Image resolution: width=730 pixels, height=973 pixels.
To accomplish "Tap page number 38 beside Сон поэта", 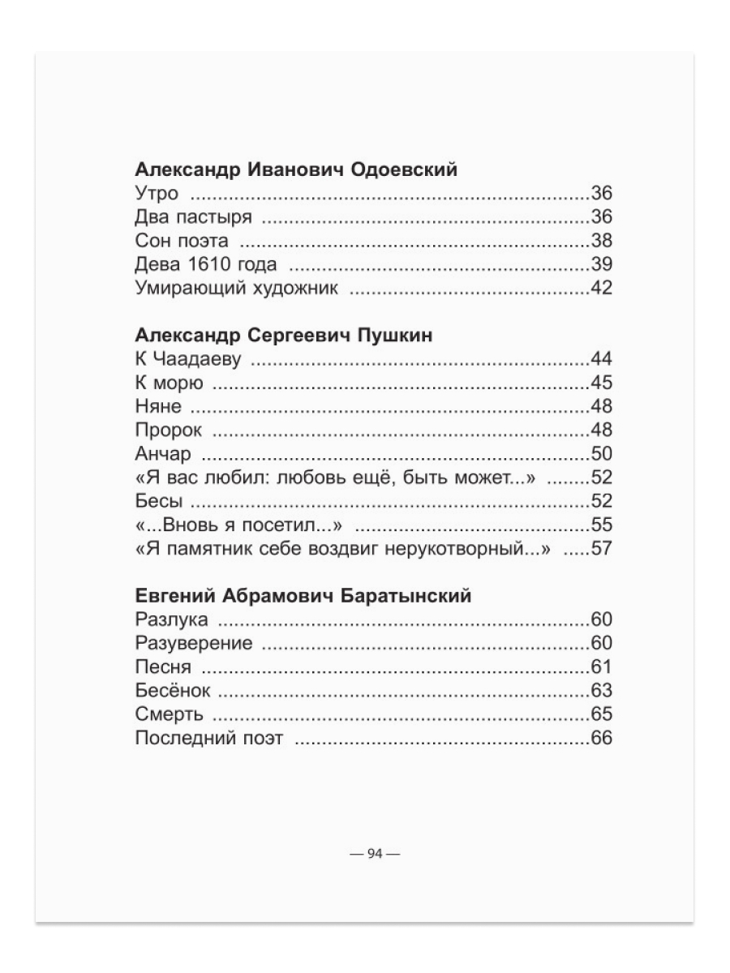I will [x=601, y=241].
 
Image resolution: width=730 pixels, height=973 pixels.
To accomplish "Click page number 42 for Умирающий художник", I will [x=601, y=288].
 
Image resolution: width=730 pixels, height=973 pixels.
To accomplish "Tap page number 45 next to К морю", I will [x=601, y=384].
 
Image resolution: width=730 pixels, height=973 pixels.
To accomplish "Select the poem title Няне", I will [x=158, y=407].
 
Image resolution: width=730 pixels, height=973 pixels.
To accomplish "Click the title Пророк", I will [x=168, y=431].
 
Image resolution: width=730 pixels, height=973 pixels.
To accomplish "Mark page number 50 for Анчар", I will [x=601, y=454].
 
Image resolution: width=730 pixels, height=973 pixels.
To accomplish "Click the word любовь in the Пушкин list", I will [x=308, y=478].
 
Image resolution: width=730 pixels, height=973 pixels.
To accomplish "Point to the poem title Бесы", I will [x=157, y=501].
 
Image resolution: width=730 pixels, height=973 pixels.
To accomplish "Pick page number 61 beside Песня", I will [x=601, y=667].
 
